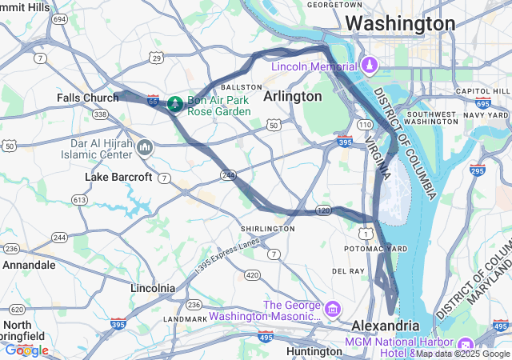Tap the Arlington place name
(x=292, y=96)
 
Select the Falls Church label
(x=87, y=98)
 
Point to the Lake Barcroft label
(x=118, y=177)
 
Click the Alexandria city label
(x=386, y=326)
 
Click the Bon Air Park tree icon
(x=174, y=103)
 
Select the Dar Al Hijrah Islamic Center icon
(x=145, y=146)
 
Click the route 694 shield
(x=60, y=19)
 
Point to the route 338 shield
(x=100, y=114)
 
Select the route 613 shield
(x=79, y=199)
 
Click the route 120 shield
(x=323, y=210)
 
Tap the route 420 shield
(x=252, y=275)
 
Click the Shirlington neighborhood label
(x=267, y=229)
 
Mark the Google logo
(x=27, y=350)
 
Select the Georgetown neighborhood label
(x=335, y=4)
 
